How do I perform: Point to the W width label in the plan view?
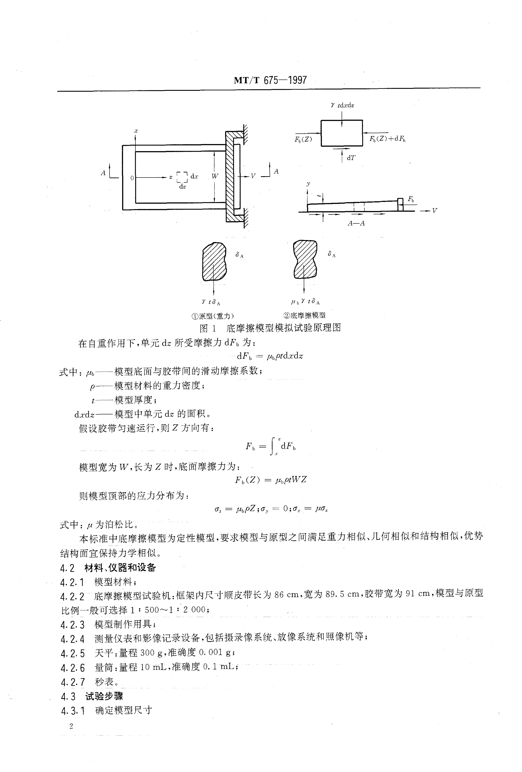[x=215, y=176]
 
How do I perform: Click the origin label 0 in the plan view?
[x=132, y=178]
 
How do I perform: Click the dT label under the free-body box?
[x=351, y=158]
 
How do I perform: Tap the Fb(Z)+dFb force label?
[x=388, y=139]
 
